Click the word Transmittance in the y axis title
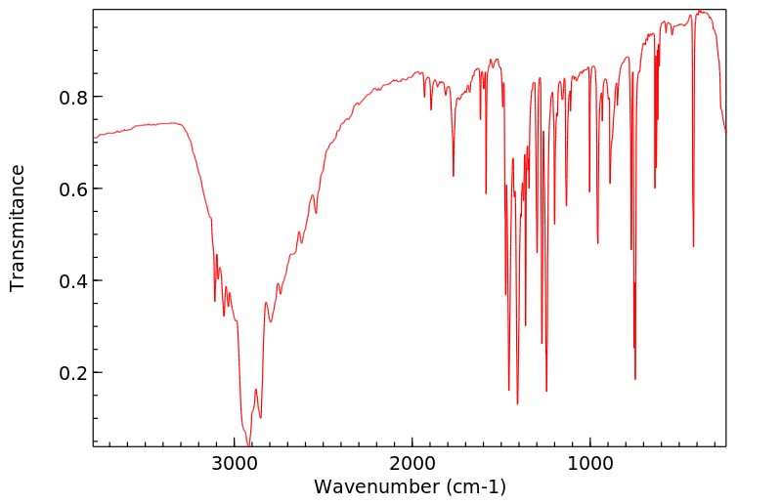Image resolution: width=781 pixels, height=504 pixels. tap(18, 228)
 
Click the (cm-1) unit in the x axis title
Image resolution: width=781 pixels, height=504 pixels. tap(475, 485)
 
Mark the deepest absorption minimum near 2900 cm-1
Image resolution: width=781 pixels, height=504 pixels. tap(245, 444)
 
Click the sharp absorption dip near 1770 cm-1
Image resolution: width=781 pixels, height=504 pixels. tap(454, 176)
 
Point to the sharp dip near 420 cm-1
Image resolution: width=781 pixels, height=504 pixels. tap(693, 246)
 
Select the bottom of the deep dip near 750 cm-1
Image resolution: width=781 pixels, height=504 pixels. tap(635, 379)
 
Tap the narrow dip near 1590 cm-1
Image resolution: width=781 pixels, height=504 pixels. tap(486, 193)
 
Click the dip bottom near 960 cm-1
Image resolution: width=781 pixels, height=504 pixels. tap(597, 243)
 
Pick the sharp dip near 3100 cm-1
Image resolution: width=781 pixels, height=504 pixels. tap(215, 301)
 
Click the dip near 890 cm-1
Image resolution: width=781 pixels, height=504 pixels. tap(610, 183)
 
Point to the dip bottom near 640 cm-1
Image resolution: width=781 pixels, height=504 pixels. tap(655, 188)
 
